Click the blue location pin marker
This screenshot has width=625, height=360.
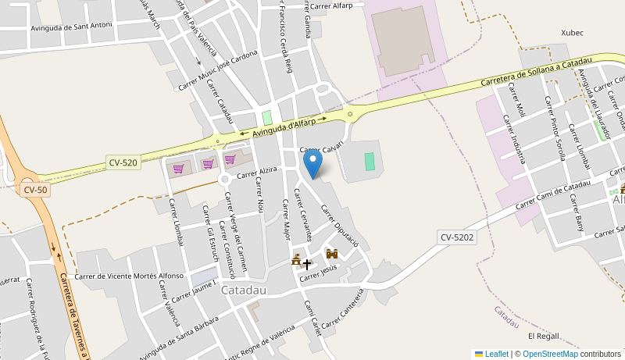(x=312, y=162)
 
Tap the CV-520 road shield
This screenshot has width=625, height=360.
(x=123, y=162)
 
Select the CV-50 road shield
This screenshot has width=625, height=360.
(x=35, y=189)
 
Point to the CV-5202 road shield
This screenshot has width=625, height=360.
(x=457, y=237)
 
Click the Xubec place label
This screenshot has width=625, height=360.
(x=572, y=33)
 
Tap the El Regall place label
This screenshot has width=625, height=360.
(x=544, y=336)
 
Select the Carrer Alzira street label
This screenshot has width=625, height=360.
(x=258, y=173)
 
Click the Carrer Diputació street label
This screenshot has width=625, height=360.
(x=340, y=226)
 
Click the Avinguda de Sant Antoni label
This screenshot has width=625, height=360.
(x=71, y=27)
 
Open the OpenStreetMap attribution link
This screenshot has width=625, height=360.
(x=550, y=354)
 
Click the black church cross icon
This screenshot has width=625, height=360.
(x=307, y=264)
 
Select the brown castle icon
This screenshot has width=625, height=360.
(x=331, y=254)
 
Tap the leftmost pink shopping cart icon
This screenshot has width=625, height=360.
(x=178, y=168)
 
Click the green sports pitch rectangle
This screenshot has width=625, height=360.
(x=370, y=161)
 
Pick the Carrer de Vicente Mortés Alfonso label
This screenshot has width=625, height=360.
(x=129, y=276)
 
